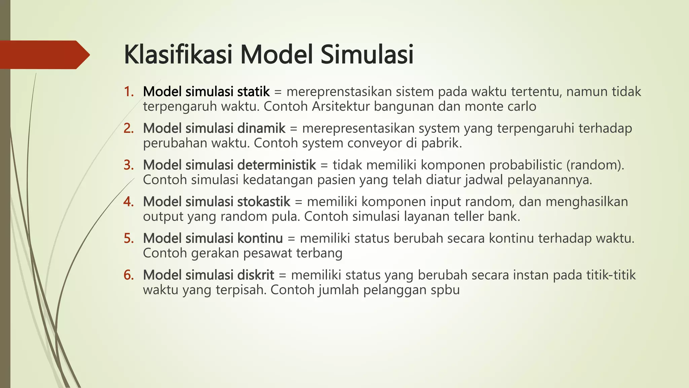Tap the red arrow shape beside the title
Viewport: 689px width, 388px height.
(x=44, y=55)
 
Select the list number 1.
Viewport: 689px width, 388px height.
(x=129, y=92)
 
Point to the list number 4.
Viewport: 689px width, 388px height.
(x=129, y=202)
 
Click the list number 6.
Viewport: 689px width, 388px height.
(x=129, y=275)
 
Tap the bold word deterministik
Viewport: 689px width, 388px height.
(x=277, y=165)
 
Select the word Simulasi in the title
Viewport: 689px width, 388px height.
(x=367, y=55)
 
